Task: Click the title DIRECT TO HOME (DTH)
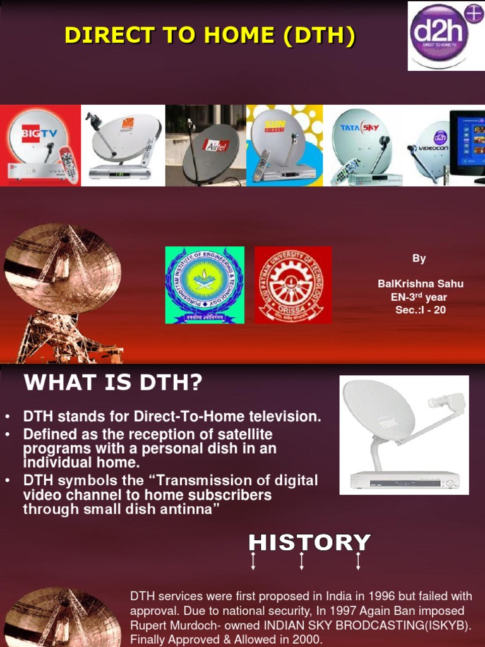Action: [210, 37]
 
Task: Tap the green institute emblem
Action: [205, 285]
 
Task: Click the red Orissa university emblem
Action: [292, 285]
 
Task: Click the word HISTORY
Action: [309, 543]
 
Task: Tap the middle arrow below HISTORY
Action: [302, 561]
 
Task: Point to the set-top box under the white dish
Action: [405, 481]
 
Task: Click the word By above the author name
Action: [419, 258]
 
